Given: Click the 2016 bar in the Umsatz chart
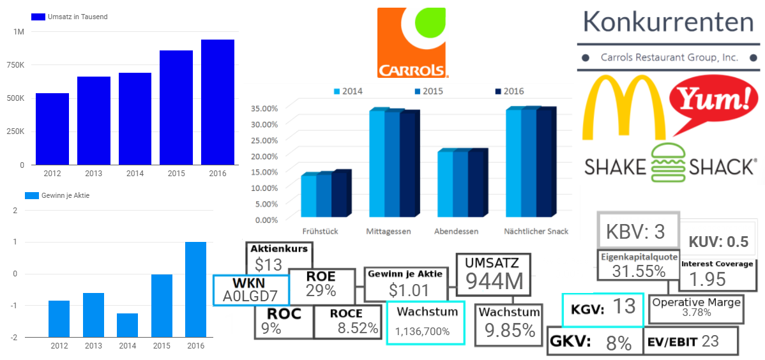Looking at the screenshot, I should (x=218, y=102).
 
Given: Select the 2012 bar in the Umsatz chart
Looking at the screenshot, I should (x=52, y=129).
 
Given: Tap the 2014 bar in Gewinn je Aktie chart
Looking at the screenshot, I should (x=127, y=325).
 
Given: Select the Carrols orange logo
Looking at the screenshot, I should (x=413, y=43).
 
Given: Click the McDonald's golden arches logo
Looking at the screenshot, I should (x=622, y=107).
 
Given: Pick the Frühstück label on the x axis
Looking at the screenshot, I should (x=320, y=231).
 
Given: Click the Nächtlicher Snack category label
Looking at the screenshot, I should (x=536, y=231).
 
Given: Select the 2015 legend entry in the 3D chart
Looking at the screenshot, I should (x=428, y=91).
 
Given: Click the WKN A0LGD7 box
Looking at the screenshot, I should (x=250, y=290).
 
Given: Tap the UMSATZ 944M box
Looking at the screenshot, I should (x=492, y=274).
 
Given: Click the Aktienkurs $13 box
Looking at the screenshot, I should (x=279, y=258).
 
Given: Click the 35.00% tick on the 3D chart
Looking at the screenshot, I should (x=263, y=108).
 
